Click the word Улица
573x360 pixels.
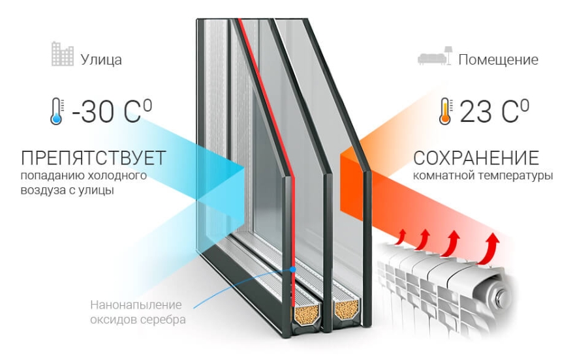point(101,60)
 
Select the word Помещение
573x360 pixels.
point(498,60)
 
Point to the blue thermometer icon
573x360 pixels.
point(57,112)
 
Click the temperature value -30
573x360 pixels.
point(94,112)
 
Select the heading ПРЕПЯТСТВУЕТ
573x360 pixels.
point(93,158)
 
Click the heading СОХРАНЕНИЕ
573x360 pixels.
point(476,158)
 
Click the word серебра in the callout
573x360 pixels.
point(166,320)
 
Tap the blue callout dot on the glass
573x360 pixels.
point(294,269)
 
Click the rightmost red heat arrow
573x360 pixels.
point(491,247)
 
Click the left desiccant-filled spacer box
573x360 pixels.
point(302,313)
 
